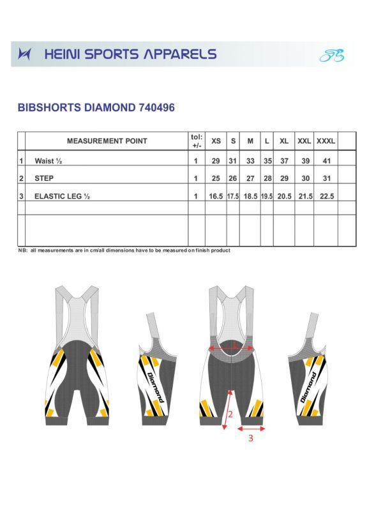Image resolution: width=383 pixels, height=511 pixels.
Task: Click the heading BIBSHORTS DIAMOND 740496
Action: tap(96, 108)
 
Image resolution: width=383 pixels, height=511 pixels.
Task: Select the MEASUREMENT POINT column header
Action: tap(107, 141)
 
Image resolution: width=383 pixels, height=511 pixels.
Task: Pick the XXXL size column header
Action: tap(326, 141)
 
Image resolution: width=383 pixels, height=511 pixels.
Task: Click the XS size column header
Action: tap(216, 141)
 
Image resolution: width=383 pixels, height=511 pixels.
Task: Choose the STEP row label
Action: tap(44, 179)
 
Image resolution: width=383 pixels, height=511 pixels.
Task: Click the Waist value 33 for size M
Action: tap(250, 162)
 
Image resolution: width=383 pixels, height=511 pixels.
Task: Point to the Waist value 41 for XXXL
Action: tap(326, 162)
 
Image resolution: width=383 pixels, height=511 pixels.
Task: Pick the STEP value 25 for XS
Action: tap(216, 179)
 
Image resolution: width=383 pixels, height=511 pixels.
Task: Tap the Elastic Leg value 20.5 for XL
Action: tap(284, 197)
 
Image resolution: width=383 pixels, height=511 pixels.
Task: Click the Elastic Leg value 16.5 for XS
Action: tap(216, 197)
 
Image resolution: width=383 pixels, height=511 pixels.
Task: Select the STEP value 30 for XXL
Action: tap(305, 179)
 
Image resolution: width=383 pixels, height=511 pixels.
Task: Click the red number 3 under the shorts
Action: tap(250, 439)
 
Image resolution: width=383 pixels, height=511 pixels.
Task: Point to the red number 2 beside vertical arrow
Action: tap(231, 413)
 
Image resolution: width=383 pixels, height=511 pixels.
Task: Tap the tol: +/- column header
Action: tap(196, 141)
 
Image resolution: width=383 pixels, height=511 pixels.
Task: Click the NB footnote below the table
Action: tap(124, 250)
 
